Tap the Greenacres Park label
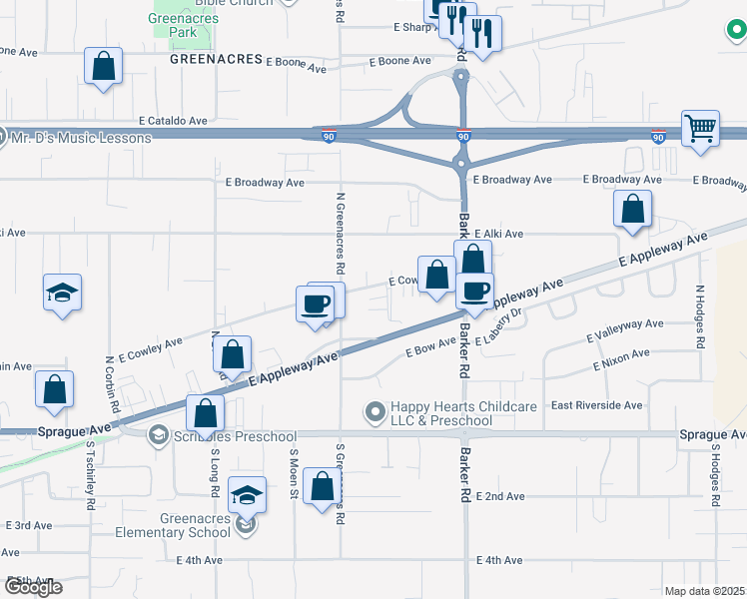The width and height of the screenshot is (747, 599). [x=181, y=25]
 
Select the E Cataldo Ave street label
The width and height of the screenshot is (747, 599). [x=174, y=121]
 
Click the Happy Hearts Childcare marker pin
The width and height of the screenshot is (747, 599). [x=375, y=410]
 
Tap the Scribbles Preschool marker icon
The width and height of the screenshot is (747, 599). [x=158, y=435]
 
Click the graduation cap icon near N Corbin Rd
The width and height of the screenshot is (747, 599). [x=62, y=293]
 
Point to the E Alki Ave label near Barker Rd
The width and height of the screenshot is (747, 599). [x=499, y=234]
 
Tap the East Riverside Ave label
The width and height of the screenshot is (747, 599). [x=596, y=405]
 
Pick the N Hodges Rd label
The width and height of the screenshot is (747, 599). [x=700, y=316]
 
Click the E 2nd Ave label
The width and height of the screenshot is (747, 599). [x=500, y=496]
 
